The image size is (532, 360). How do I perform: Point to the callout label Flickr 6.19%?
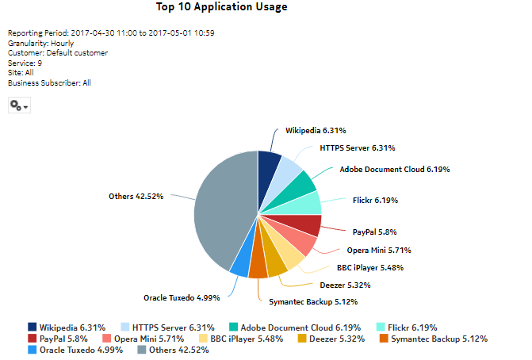click(x=369, y=201)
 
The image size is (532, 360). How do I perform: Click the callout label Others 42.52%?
click(x=136, y=196)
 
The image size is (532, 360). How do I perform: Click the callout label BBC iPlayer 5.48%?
click(x=369, y=267)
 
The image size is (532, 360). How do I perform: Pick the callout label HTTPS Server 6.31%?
click(x=358, y=147)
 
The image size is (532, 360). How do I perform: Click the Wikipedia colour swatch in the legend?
click(x=33, y=327)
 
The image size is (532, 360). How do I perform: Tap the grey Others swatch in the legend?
click(x=143, y=350)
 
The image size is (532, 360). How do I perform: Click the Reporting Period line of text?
click(x=112, y=33)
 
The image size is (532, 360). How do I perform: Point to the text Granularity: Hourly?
click(x=40, y=43)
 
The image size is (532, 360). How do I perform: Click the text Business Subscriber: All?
click(x=49, y=82)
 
